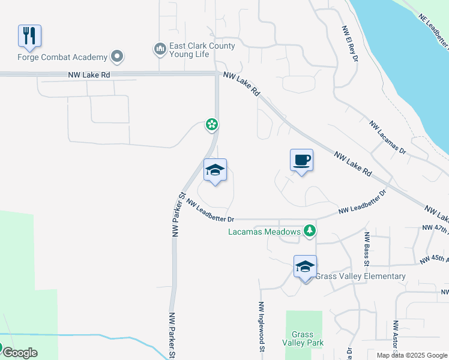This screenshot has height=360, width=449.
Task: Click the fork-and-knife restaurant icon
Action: pyautogui.click(x=29, y=35)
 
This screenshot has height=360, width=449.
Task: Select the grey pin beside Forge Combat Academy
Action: pyautogui.click(x=116, y=58)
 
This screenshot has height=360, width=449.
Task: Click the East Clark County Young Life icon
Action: pyautogui.click(x=160, y=49)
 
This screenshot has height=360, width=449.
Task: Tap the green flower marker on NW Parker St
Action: pyautogui.click(x=211, y=124)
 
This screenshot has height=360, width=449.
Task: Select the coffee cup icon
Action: pyautogui.click(x=301, y=160)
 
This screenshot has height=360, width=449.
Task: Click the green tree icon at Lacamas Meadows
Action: pyautogui.click(x=309, y=231)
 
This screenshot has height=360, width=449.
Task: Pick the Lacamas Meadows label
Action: pyautogui.click(x=264, y=232)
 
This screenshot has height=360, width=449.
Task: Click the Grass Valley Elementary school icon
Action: pyautogui.click(x=305, y=266)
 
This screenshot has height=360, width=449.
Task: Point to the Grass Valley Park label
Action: pyautogui.click(x=303, y=338)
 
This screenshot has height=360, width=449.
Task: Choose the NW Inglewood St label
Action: pyautogui.click(x=262, y=326)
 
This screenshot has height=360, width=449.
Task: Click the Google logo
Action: pyautogui.click(x=19, y=352)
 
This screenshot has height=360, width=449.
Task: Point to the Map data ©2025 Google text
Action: pyautogui.click(x=412, y=355)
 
